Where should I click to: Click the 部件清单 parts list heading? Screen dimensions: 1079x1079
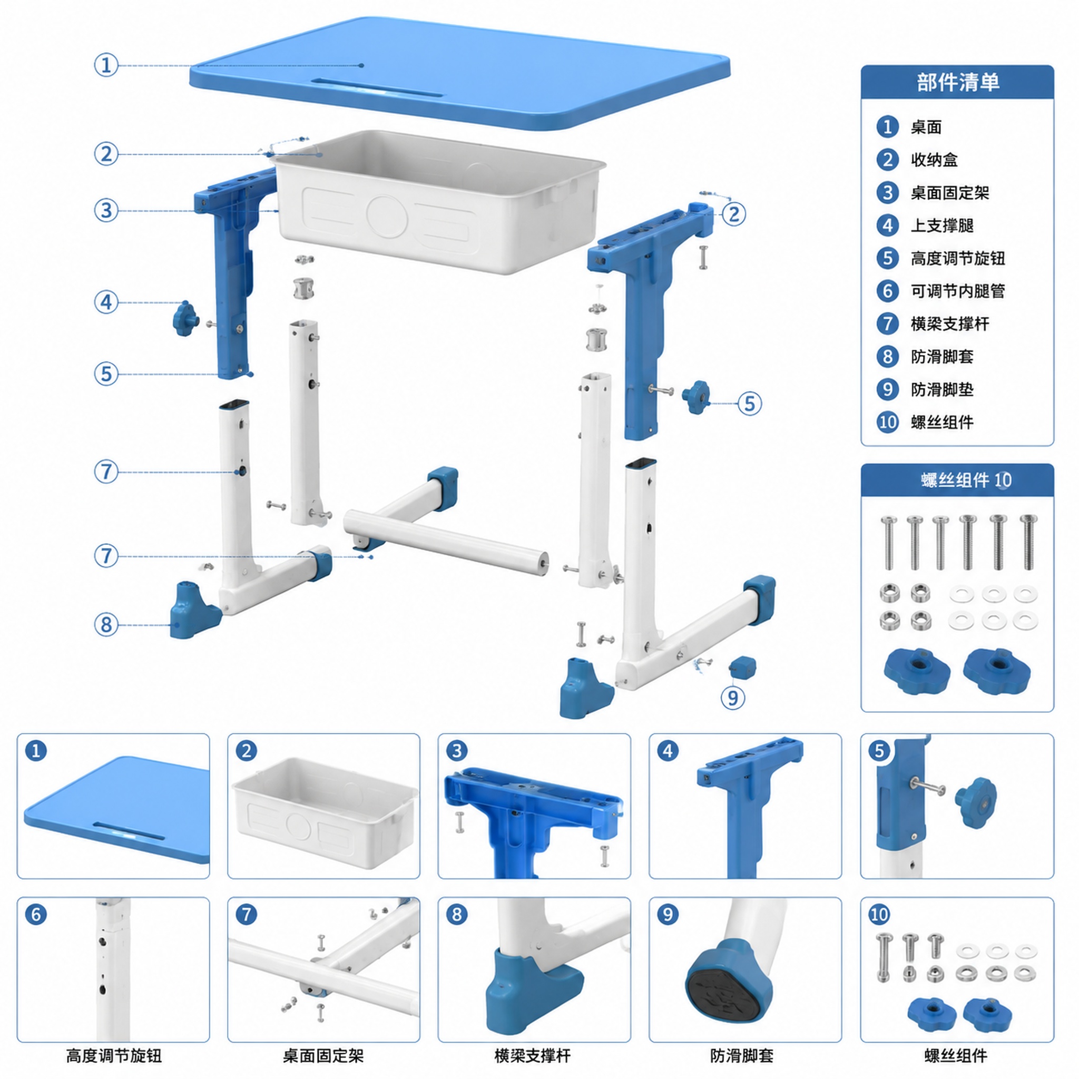(957, 82)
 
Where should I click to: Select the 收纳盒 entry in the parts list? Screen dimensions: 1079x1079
(934, 160)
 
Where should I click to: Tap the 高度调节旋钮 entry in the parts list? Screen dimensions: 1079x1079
(957, 258)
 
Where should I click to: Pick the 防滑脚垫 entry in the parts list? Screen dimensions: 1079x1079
(941, 389)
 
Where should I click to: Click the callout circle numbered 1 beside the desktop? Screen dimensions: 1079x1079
(106, 65)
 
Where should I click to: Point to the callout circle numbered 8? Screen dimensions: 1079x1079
(106, 624)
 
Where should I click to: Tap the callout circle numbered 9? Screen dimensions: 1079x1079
(733, 697)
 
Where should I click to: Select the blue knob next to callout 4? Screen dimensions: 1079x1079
(185, 319)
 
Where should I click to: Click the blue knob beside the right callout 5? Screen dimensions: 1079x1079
(696, 397)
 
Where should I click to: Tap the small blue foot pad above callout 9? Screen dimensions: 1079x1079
(742, 667)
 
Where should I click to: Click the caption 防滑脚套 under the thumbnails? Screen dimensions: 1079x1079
(742, 1055)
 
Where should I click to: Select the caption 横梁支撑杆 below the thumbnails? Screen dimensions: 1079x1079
(532, 1055)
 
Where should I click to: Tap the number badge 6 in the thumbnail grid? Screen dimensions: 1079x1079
(36, 914)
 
